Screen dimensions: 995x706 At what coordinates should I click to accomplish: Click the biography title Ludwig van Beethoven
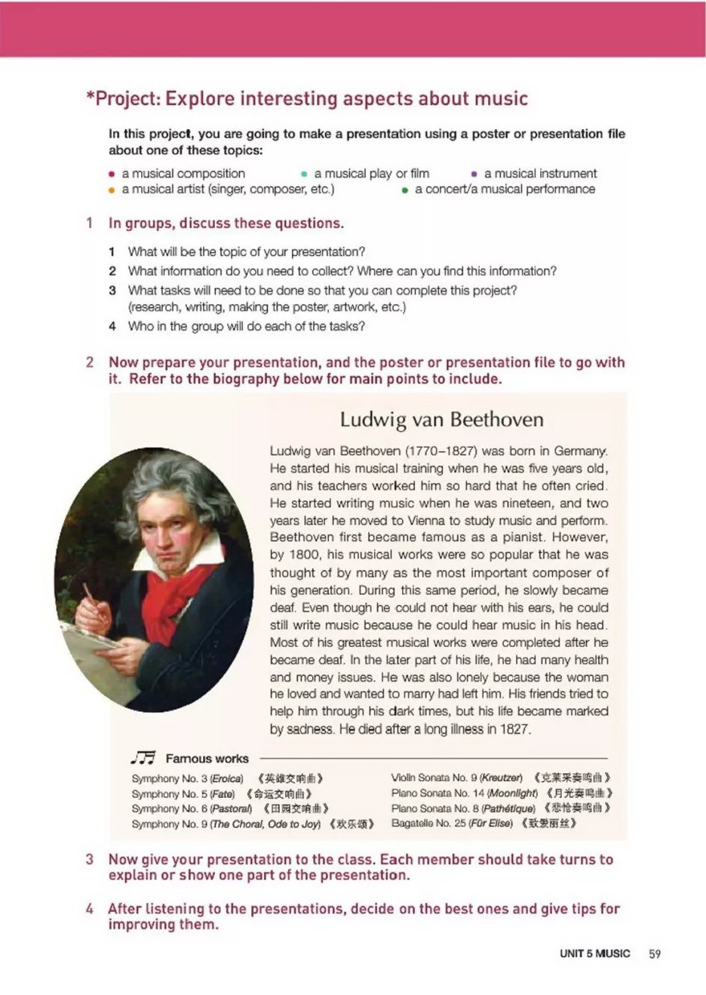(x=441, y=420)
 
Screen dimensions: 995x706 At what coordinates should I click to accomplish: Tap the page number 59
(x=655, y=953)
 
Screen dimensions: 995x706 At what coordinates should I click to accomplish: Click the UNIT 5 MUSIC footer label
(x=594, y=953)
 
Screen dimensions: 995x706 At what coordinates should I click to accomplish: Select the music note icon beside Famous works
(x=143, y=758)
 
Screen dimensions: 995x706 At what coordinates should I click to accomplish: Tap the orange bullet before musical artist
(x=112, y=190)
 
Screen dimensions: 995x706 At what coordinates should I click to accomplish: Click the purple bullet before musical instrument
(x=474, y=174)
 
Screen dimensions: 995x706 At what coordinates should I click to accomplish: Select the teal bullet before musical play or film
(x=303, y=174)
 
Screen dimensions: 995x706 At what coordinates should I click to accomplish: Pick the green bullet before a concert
(x=405, y=190)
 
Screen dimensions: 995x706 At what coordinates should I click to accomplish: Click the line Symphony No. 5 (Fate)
(x=183, y=794)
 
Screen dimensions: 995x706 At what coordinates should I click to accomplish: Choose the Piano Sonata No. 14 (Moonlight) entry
(x=465, y=793)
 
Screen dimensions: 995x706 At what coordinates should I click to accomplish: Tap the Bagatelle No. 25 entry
(x=452, y=824)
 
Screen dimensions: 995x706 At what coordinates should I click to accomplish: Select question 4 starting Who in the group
(x=246, y=327)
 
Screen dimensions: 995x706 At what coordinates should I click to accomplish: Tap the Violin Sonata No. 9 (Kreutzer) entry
(x=457, y=778)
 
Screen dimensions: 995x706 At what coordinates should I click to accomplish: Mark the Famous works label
(x=207, y=759)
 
